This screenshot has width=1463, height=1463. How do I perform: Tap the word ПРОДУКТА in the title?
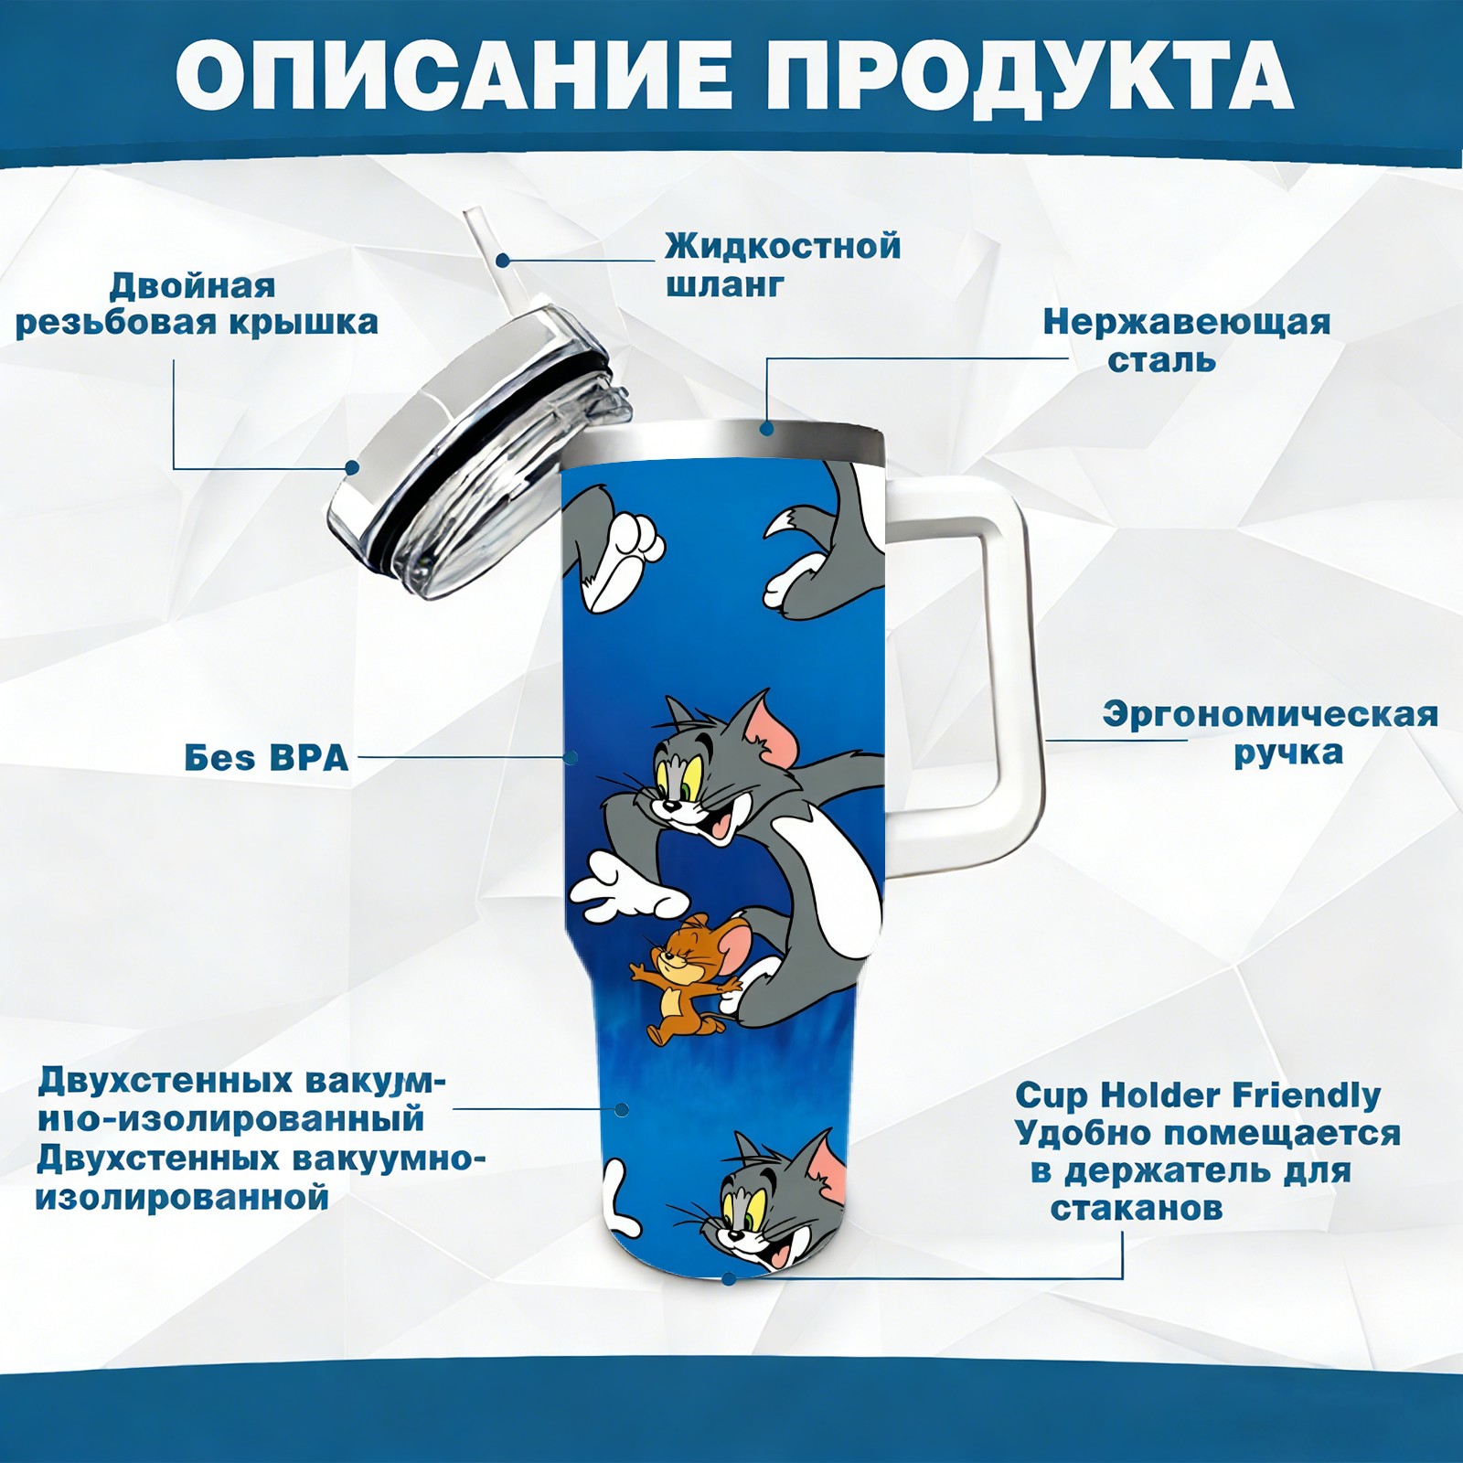click(1030, 76)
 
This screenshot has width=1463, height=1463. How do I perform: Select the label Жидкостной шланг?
click(783, 264)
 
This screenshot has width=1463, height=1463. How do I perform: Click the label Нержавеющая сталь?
click(1186, 340)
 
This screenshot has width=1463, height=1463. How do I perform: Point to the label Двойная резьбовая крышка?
click(197, 304)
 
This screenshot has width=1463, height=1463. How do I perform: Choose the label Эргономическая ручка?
click(1270, 732)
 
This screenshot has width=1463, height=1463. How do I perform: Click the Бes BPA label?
click(267, 757)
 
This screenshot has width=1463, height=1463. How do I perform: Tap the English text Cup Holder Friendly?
click(1198, 1095)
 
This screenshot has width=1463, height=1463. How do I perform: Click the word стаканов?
click(1136, 1208)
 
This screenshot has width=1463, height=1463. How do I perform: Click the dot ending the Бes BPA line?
click(571, 757)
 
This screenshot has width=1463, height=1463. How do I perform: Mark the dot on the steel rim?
click(766, 428)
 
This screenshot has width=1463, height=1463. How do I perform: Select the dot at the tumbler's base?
click(729, 1278)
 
